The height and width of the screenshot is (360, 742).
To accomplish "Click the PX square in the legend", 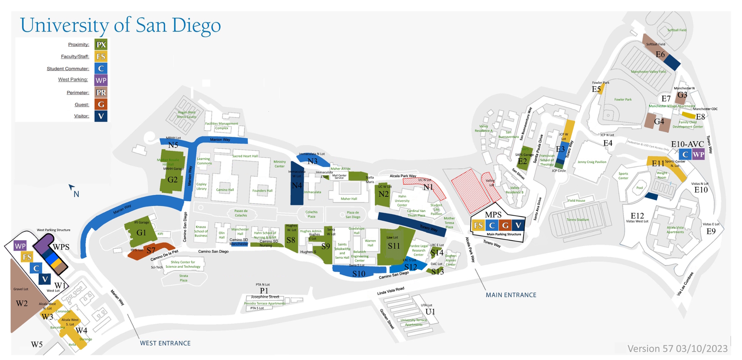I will coord(101,45).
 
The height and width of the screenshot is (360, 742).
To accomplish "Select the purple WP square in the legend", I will coord(101,80).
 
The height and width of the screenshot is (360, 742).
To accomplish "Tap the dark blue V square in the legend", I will coord(101,116).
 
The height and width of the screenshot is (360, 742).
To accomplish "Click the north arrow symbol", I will coord(72,188).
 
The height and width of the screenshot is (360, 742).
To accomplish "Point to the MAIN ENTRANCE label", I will coord(511,295).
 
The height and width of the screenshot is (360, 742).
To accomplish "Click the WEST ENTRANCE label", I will coord(165,343).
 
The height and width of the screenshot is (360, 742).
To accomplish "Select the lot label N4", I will coord(297,185).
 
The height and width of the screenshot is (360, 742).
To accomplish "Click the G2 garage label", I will coord(173,180).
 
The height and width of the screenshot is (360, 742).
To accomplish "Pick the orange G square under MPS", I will coord(505,225).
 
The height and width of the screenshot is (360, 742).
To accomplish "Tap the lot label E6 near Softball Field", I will coord(660,55).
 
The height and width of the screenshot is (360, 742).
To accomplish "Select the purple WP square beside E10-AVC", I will coord(698,155).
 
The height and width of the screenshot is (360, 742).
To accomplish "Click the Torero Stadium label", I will coord(578,220).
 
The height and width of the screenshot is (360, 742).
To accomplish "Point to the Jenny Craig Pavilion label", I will coord(592,162).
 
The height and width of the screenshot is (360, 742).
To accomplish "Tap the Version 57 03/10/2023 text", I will coord(677,349).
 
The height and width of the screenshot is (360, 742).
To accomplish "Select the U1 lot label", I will coord(430,312).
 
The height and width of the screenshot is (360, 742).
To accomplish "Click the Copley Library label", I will coord(201,186).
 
